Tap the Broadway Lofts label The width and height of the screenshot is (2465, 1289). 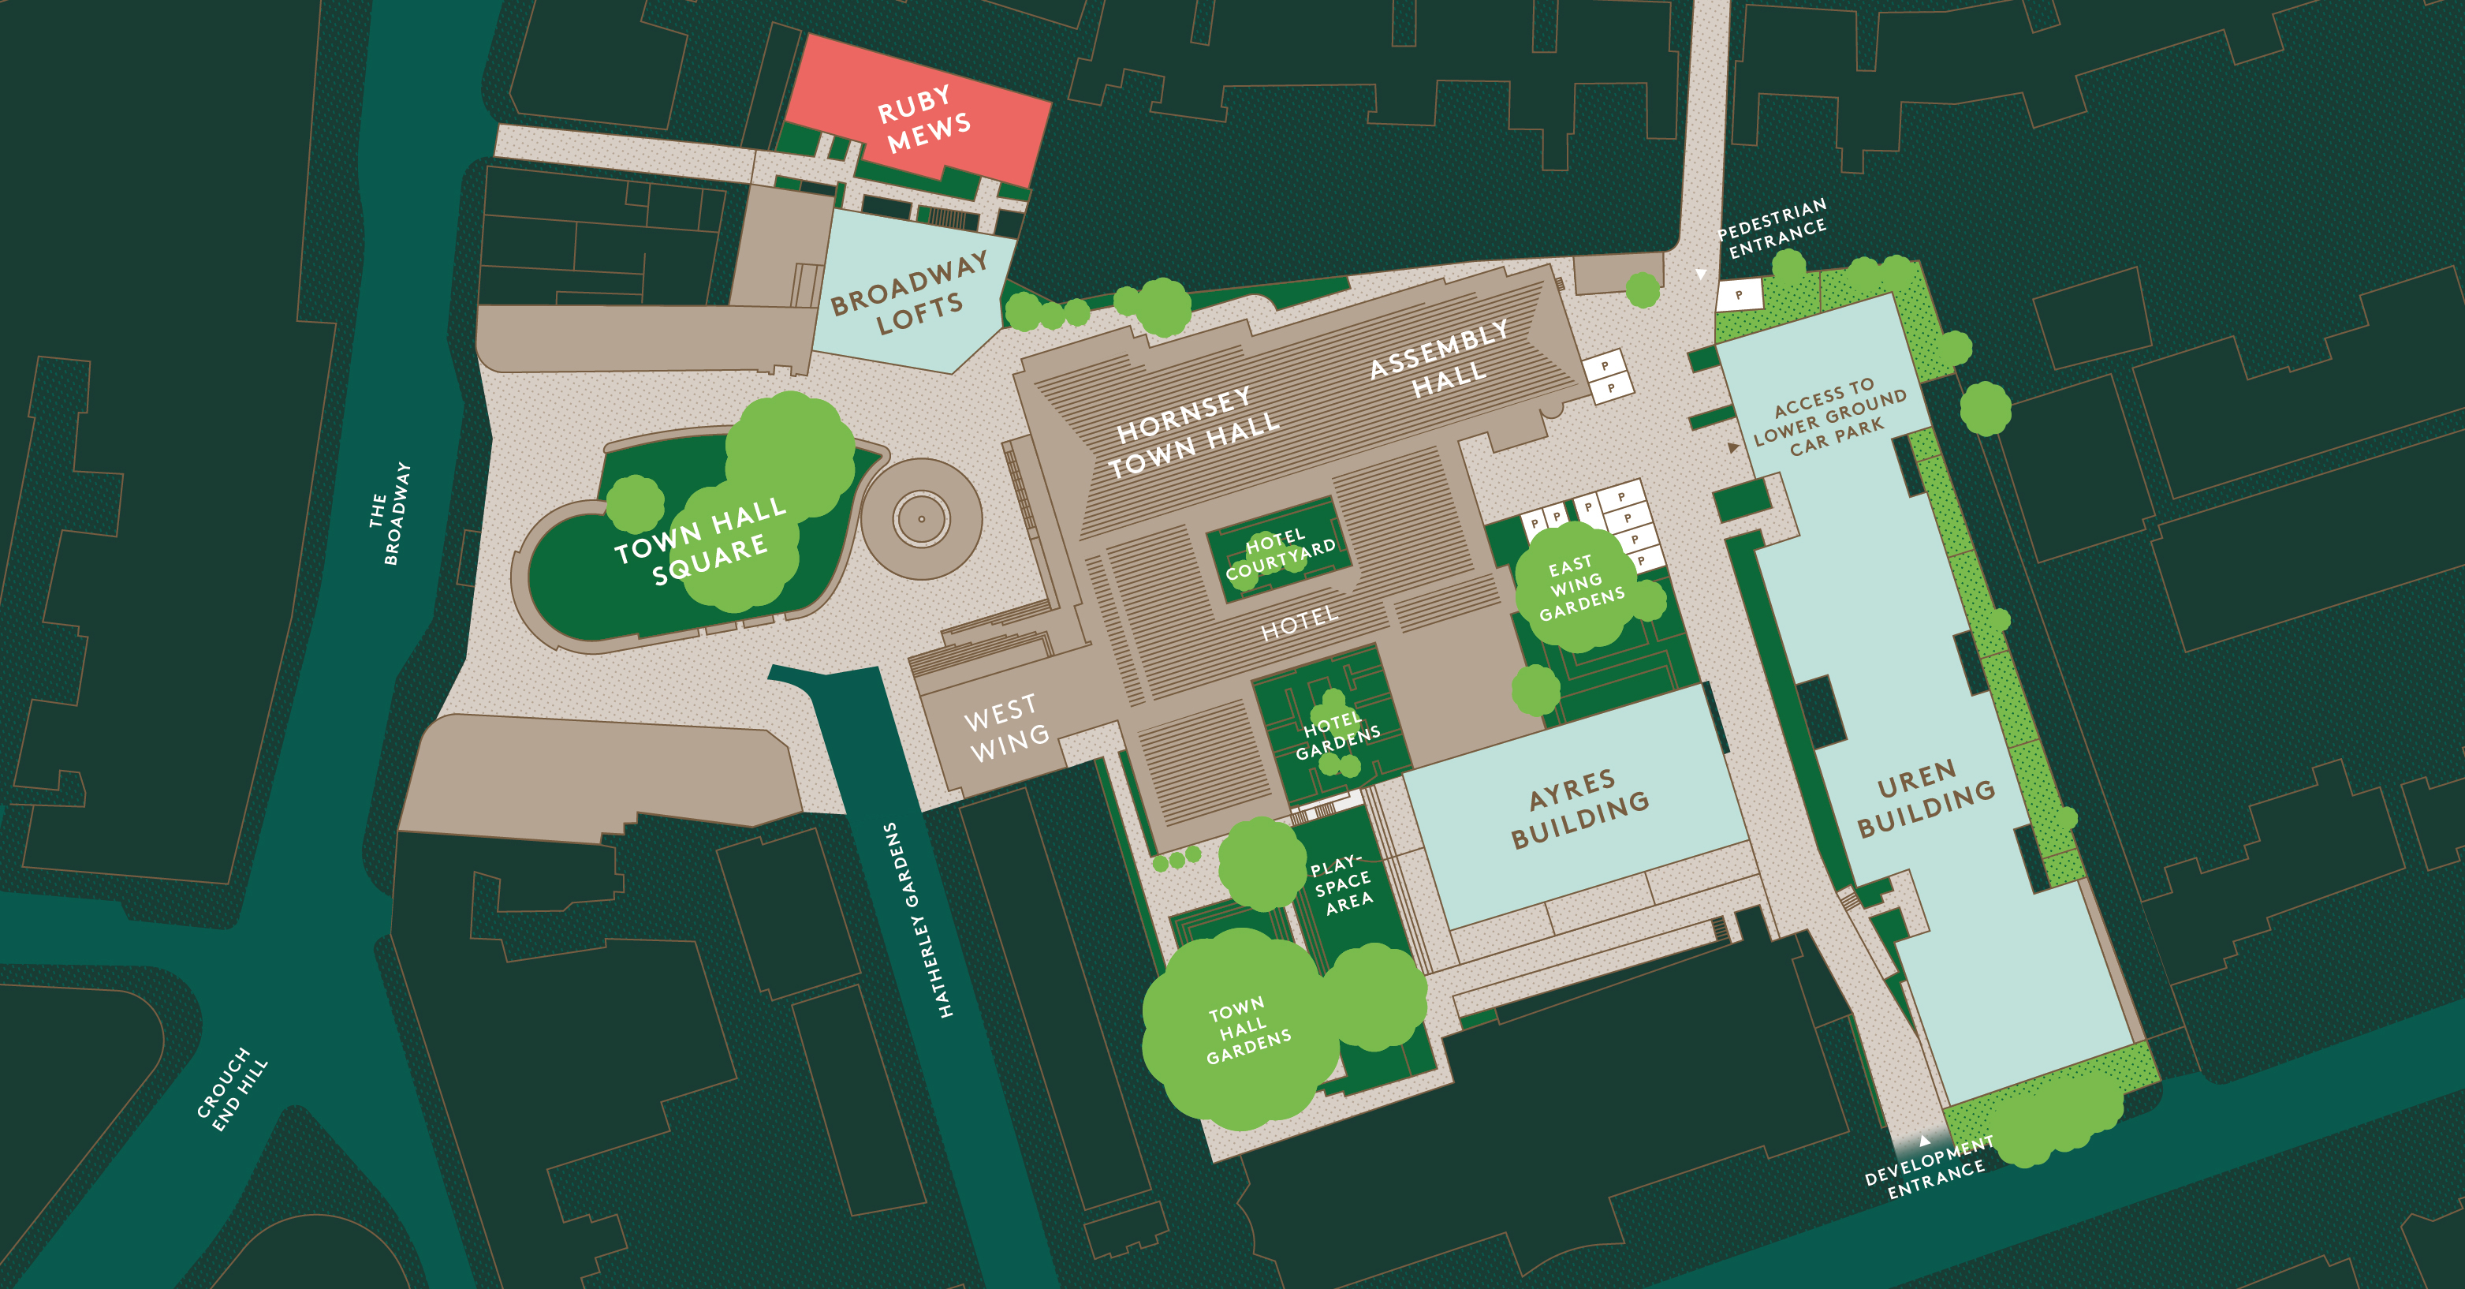pos(908,293)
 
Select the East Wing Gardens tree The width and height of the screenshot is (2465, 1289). pos(1579,585)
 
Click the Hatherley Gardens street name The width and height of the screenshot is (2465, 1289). pos(918,919)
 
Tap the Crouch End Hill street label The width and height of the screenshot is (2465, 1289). pos(232,1089)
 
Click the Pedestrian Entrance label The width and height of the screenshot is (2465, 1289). pos(1772,228)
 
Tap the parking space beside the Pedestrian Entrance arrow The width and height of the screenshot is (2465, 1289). pos(1739,295)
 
